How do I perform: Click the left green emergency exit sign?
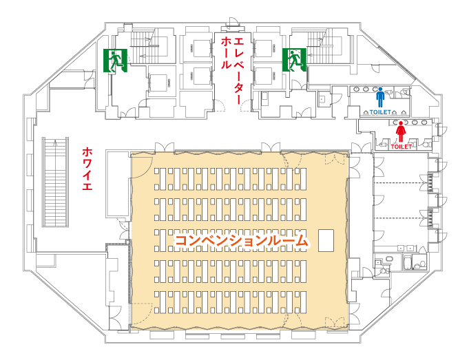(116, 61)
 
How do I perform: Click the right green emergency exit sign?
(294, 60)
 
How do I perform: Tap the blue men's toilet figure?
(380, 97)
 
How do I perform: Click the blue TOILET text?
(380, 112)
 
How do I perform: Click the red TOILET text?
(401, 147)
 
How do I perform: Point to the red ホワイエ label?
(87, 169)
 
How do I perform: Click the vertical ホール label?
(226, 53)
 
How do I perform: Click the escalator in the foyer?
(55, 182)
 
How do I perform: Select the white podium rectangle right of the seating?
(326, 240)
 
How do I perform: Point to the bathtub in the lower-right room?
(408, 262)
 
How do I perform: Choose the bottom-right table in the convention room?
(303, 302)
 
